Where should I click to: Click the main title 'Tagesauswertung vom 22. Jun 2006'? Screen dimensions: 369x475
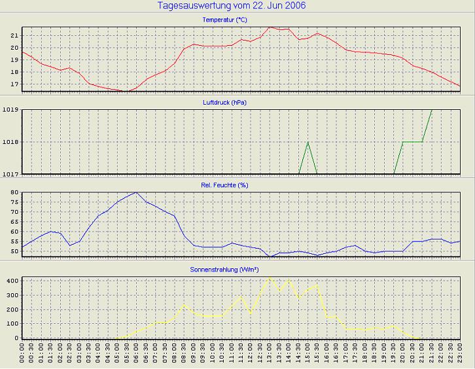tap(232, 6)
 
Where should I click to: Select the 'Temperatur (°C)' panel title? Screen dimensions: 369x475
tap(224, 20)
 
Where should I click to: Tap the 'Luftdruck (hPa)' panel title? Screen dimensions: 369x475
tap(225, 103)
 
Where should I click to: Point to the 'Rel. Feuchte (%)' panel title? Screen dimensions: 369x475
tap(224, 185)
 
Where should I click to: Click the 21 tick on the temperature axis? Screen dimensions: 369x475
tap(15, 35)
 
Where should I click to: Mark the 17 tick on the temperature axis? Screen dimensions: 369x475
tap(15, 84)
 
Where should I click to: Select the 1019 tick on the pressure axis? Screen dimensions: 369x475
tap(11, 110)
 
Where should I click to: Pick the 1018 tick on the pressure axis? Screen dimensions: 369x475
tap(11, 142)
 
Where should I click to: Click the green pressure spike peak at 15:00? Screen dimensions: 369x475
tap(308, 142)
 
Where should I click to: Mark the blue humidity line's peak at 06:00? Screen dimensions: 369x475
tap(136, 192)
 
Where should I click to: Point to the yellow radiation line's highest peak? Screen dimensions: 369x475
tap(270, 277)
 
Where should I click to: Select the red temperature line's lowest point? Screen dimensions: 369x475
tap(126, 92)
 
